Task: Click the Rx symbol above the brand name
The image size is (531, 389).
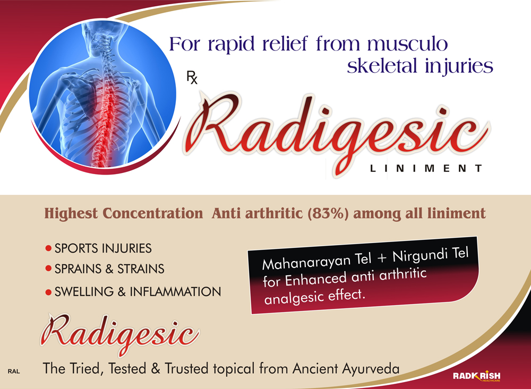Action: pos(192,77)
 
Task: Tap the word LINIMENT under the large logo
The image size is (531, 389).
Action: pos(426,168)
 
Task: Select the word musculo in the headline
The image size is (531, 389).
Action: pos(407,45)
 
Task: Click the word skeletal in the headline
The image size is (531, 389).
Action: pos(382,65)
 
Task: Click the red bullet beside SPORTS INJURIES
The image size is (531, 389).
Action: pos(48,249)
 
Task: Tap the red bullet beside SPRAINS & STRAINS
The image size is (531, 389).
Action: pos(48,269)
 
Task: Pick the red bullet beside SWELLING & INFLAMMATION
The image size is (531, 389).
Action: pos(48,292)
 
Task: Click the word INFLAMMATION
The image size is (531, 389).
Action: pos(175,291)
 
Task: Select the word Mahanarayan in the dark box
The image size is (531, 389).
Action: pos(306,261)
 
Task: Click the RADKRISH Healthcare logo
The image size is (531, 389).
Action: pos(476,376)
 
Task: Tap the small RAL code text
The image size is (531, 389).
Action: pos(14,371)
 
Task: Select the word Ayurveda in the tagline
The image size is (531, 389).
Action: pos(371,369)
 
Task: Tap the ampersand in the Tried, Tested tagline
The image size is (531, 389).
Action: pos(156,368)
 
